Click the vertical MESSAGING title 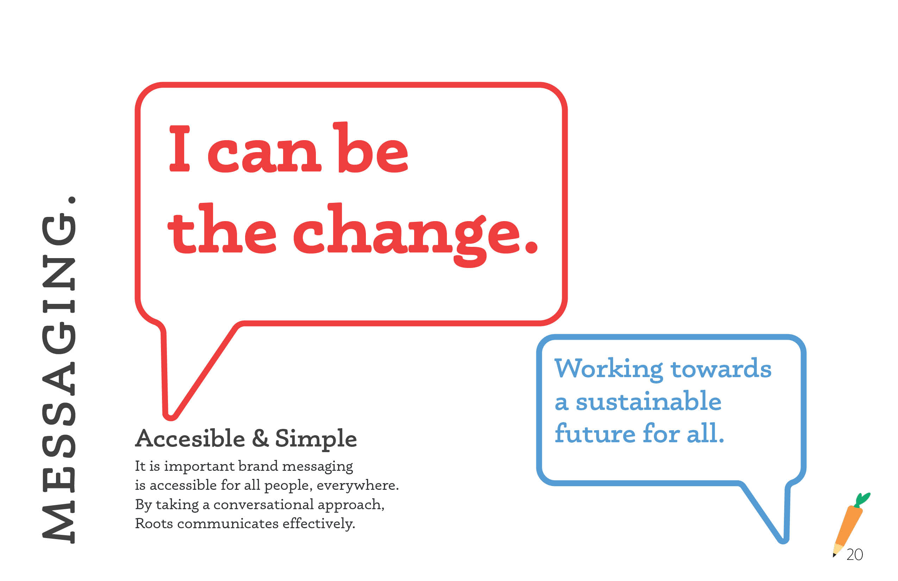(x=59, y=370)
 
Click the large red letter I (x=180, y=148)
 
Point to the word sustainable (x=648, y=401)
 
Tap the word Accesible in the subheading (x=190, y=438)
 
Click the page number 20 (x=855, y=555)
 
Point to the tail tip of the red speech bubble (x=170, y=417)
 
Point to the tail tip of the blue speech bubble (x=783, y=540)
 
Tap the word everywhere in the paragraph (x=357, y=486)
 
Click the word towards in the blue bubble (x=721, y=369)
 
